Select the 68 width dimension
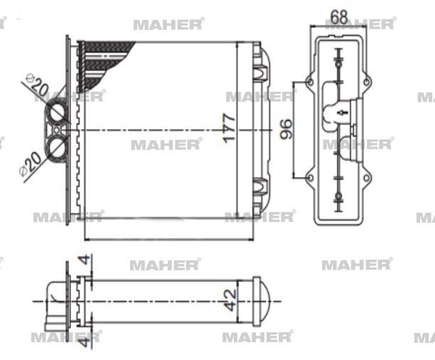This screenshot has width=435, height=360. coord(339,16)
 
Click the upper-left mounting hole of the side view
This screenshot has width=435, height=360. coord(310,83)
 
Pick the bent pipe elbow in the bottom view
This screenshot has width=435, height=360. coord(54,299)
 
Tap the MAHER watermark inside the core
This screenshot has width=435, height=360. coord(165,144)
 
